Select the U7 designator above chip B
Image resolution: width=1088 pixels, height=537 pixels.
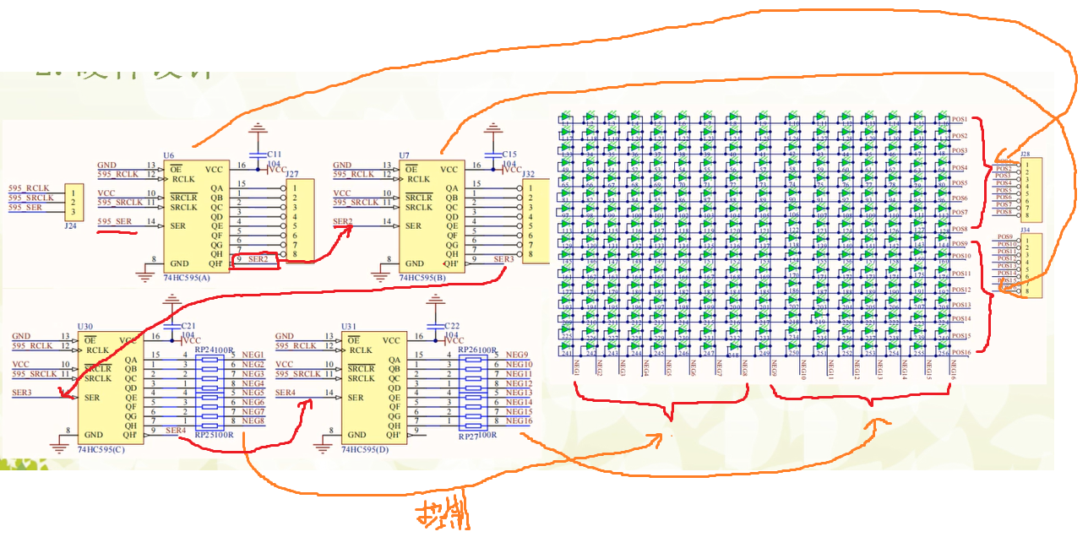(404, 155)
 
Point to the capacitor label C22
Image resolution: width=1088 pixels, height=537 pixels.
(452, 326)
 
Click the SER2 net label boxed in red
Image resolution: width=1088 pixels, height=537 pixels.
(258, 259)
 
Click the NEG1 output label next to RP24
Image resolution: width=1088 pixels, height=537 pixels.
(253, 355)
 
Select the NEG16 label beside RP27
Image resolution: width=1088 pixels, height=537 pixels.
(519, 420)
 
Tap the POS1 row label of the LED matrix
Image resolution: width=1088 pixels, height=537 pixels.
(960, 119)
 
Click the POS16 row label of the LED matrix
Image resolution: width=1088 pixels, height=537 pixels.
(961, 351)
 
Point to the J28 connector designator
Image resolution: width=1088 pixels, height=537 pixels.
(1025, 155)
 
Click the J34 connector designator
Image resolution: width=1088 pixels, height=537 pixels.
(1025, 230)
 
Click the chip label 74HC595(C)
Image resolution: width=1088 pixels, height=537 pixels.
(101, 449)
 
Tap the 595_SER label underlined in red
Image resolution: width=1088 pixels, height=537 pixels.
(114, 221)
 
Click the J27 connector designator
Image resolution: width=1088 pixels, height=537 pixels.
(292, 174)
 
